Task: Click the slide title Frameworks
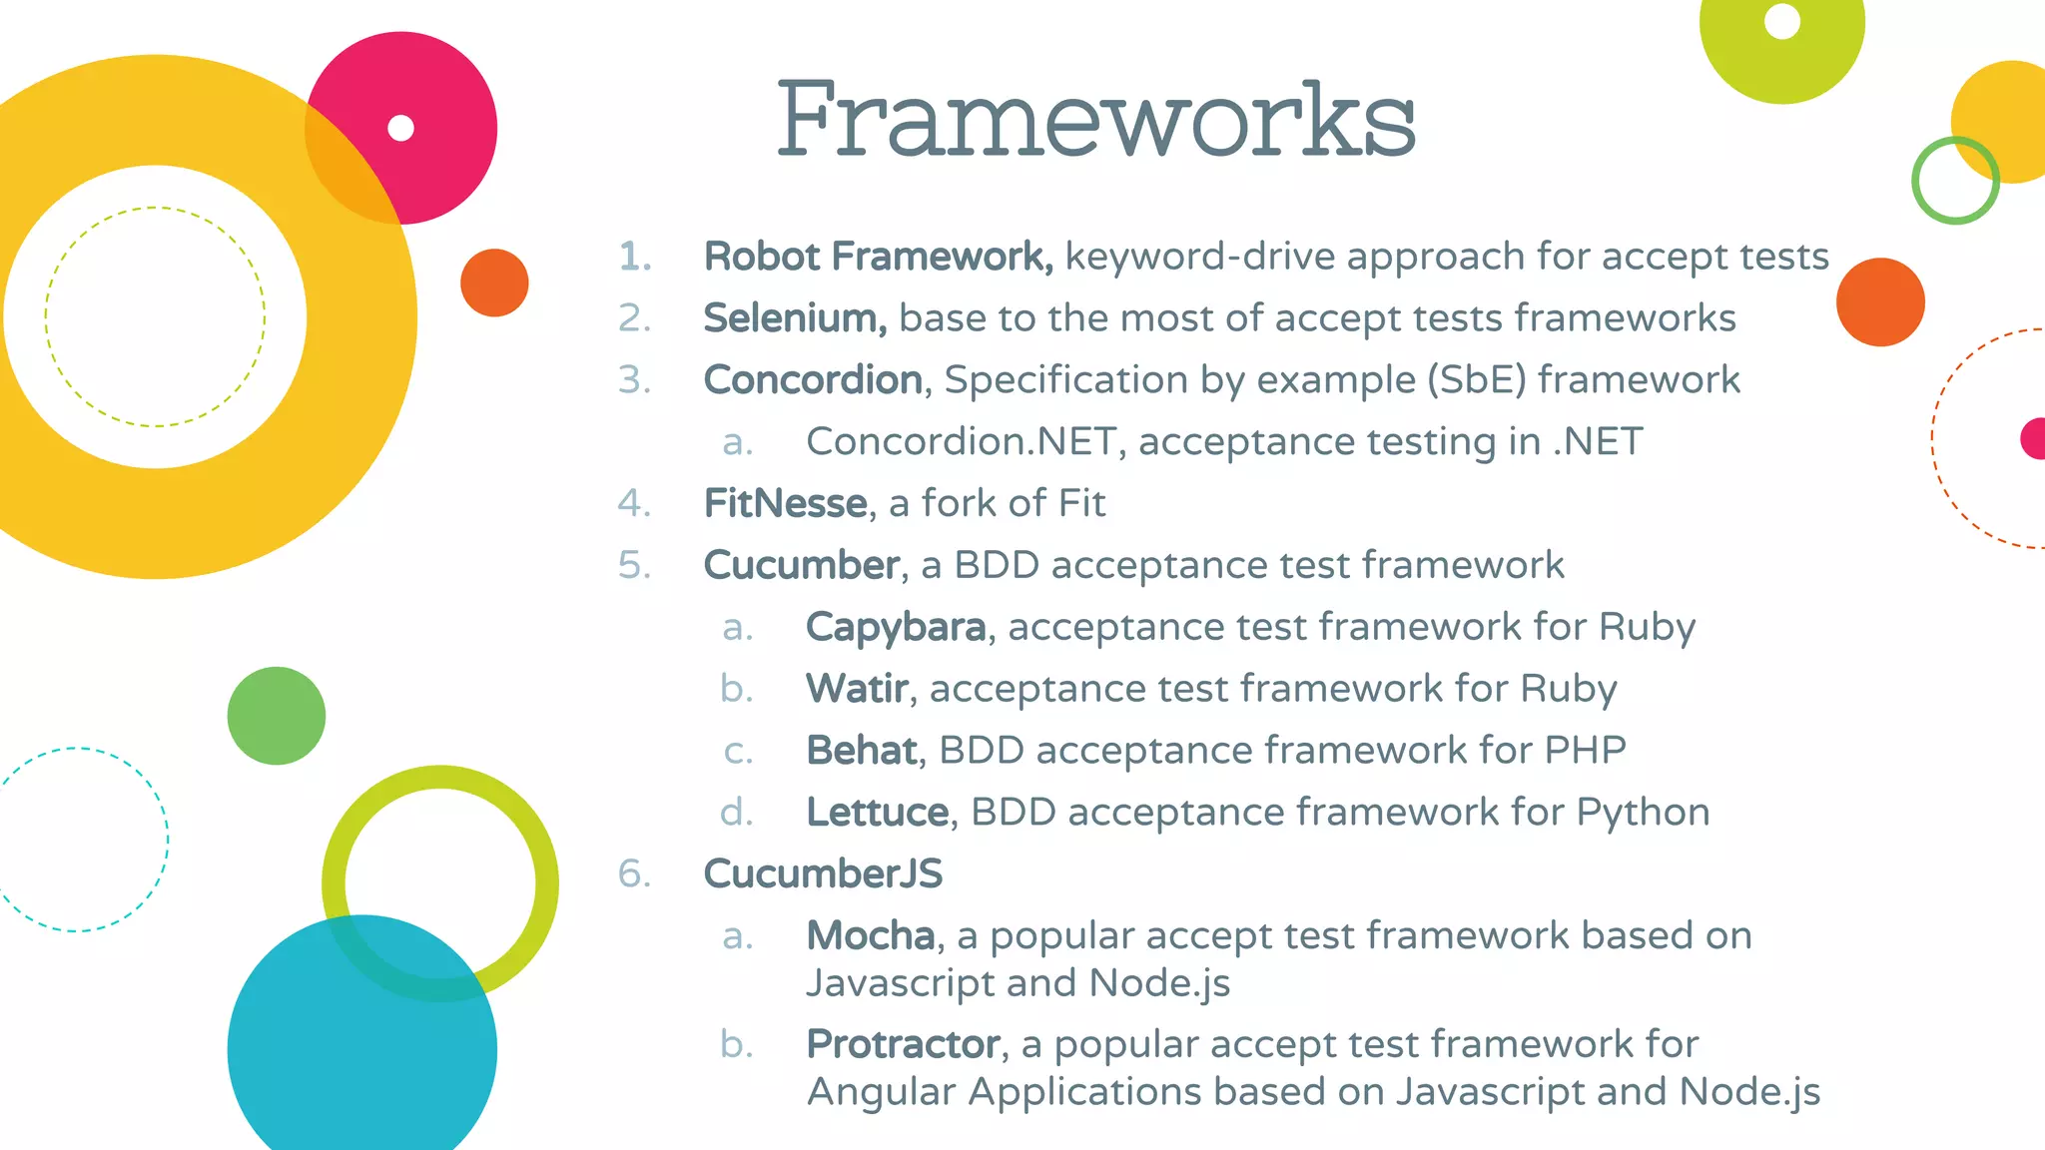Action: click(x=1095, y=121)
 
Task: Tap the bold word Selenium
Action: click(x=794, y=318)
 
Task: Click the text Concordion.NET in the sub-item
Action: click(x=960, y=441)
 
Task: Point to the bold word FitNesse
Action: click(x=785, y=503)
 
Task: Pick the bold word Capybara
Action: click(x=896, y=627)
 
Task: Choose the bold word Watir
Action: click(x=857, y=689)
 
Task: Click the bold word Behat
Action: click(x=862, y=751)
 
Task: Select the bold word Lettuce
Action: click(x=877, y=813)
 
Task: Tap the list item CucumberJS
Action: click(x=823, y=874)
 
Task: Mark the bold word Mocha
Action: click(x=870, y=936)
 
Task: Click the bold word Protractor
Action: click(x=903, y=1044)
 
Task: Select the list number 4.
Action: click(x=634, y=503)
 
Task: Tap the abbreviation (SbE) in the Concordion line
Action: click(x=1477, y=380)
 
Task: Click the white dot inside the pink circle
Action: click(x=400, y=128)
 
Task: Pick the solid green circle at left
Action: click(x=277, y=716)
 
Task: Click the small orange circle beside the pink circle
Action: click(x=494, y=283)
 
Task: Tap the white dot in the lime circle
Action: click(x=1782, y=21)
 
